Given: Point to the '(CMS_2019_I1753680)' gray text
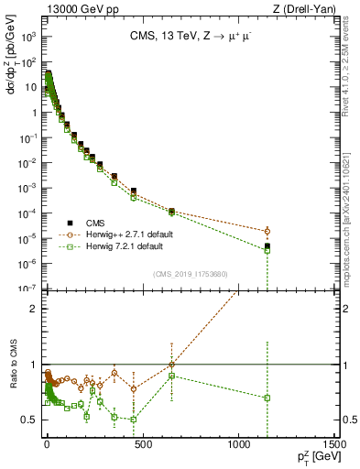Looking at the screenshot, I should (191, 273).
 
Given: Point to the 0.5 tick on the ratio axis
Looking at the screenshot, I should (32, 420).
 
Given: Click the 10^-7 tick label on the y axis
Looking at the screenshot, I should (28, 289).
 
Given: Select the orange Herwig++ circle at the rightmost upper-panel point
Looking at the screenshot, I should (267, 231).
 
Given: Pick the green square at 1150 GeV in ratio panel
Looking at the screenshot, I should (267, 398).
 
